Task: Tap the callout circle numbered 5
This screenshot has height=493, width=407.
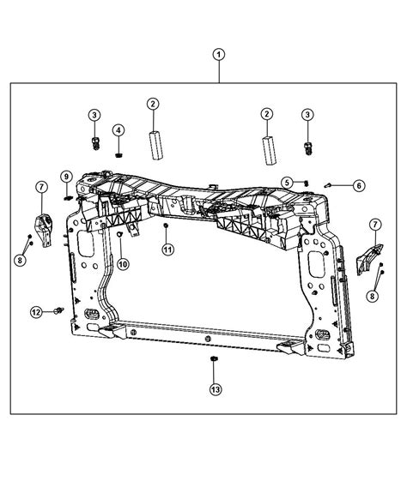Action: coord(289,182)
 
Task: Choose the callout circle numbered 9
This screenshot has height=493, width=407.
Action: coord(64,177)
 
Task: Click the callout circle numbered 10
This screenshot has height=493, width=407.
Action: coord(124,264)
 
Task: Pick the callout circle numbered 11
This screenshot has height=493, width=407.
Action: coord(169,249)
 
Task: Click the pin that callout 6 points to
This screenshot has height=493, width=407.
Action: coord(331,183)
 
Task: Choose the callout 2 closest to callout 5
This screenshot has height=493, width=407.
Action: coord(267,114)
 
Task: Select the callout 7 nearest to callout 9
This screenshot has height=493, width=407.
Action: coord(39,187)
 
